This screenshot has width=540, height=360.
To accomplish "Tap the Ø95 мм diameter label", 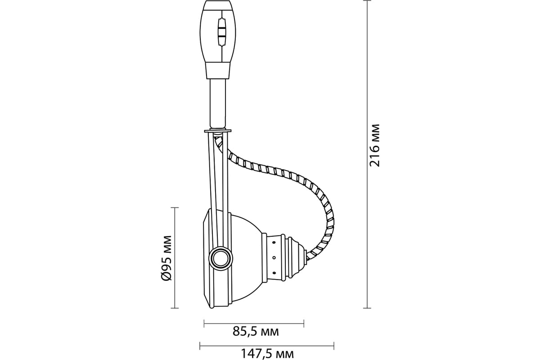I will (x=166, y=258).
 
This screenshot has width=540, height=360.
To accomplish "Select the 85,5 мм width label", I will (x=256, y=332).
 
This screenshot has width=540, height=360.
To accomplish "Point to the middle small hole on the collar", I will (x=274, y=257).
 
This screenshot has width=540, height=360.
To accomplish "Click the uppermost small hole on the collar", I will (x=274, y=243).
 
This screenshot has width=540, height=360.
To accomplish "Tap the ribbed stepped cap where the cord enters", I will (x=295, y=257).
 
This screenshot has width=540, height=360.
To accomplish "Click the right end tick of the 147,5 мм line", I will (x=333, y=346).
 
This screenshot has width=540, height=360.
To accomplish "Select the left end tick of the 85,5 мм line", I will (x=204, y=323).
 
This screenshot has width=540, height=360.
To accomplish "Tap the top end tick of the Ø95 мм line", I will (x=174, y=208).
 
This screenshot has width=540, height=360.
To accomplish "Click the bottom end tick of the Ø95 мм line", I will (x=174, y=308).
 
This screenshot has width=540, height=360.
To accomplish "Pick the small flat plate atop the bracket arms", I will (x=218, y=131).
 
